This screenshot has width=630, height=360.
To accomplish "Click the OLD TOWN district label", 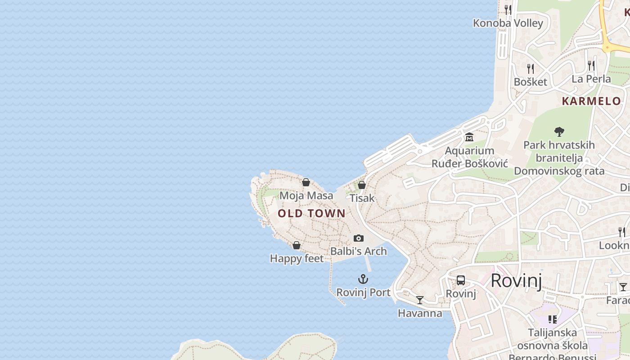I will point(311,213).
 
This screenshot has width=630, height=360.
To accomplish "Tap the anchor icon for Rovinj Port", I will point(363,279).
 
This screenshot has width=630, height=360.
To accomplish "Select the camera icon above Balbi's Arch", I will point(358,238).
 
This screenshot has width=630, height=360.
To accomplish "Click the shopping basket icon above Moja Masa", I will point(306,182).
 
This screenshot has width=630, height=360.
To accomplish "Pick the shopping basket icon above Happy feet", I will point(297,245).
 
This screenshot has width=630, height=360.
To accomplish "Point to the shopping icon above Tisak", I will point(361,185).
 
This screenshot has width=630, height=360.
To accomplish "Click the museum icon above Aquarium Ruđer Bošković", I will point(469,137).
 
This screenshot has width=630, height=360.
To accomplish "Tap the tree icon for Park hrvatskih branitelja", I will point(559,131).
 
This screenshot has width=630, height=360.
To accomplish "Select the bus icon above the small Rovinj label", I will point(461,280).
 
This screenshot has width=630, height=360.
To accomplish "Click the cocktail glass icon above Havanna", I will point(420,300).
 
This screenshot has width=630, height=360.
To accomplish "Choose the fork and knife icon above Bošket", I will point(531,68).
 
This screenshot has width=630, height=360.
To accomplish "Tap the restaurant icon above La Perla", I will point(591,66).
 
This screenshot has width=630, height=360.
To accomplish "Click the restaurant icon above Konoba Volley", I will point(508,9).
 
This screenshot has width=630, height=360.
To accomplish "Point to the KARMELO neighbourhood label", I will point(591,101).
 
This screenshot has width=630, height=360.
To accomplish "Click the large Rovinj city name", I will point(516,280).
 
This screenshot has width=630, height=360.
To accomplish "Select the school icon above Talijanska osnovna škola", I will point(553,319).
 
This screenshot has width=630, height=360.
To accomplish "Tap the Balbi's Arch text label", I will point(359,251).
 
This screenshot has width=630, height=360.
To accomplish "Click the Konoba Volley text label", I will point(508,23).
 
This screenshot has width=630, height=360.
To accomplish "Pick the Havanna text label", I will point(420,313).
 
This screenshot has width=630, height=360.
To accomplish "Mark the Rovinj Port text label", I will point(364,292).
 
